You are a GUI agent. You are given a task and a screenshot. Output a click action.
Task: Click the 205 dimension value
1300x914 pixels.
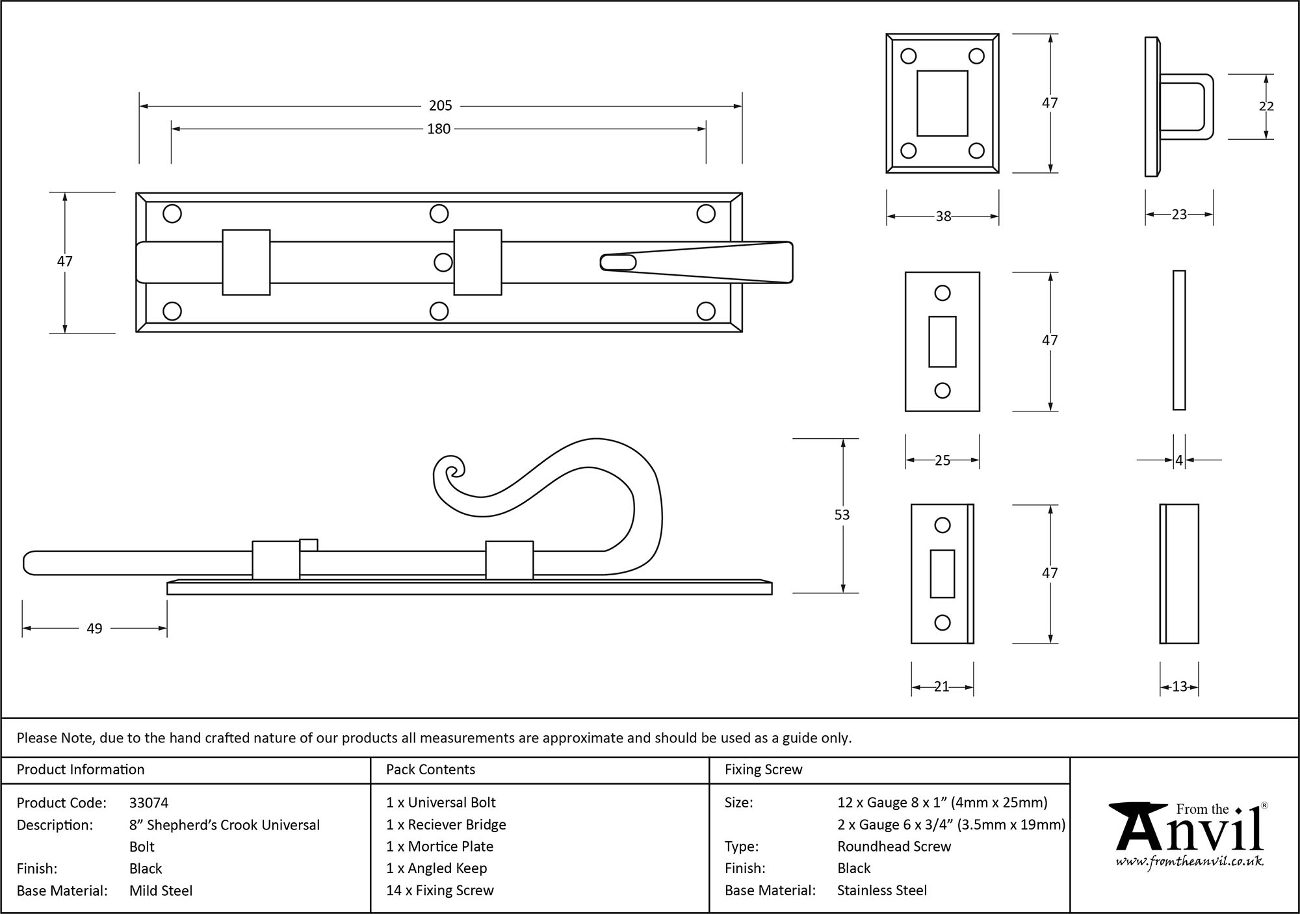pos(440,105)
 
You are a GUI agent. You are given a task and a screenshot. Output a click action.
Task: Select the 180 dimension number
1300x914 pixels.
pos(439,129)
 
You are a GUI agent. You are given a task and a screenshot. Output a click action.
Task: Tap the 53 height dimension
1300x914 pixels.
pos(842,515)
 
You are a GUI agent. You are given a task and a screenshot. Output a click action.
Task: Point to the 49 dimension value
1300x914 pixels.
pos(94,629)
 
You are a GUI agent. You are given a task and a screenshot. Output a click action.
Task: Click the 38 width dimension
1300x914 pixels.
pos(943,216)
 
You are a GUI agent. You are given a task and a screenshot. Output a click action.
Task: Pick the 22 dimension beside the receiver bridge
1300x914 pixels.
pos(1266,106)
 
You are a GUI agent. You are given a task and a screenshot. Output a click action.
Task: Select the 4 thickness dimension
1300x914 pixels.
pos(1179,461)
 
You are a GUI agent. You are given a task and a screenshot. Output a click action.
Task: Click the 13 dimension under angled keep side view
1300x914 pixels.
pos(1179,686)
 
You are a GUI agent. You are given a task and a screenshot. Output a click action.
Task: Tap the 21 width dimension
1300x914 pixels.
pos(942,686)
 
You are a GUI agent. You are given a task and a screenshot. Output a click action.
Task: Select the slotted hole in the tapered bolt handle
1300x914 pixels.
pos(619,262)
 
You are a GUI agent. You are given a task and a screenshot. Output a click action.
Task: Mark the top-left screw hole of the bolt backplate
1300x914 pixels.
pos(172,213)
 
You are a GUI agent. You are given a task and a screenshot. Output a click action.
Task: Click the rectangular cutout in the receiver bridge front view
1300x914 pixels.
pos(942,103)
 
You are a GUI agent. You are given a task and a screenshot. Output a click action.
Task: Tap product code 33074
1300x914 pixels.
pos(149,803)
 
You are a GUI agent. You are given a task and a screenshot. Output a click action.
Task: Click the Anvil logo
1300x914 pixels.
pos(1189,832)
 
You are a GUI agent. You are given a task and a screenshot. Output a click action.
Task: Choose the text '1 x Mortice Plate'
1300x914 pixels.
pos(439,846)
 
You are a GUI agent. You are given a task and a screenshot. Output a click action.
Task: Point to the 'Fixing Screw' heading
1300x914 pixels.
pos(763,770)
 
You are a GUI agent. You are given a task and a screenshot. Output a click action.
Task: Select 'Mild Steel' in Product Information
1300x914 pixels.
pos(161,891)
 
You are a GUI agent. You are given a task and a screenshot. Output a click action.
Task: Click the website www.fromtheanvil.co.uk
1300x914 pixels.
pos(1189,862)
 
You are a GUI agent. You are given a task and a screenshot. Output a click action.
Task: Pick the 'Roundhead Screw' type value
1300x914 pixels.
pos(894,846)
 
